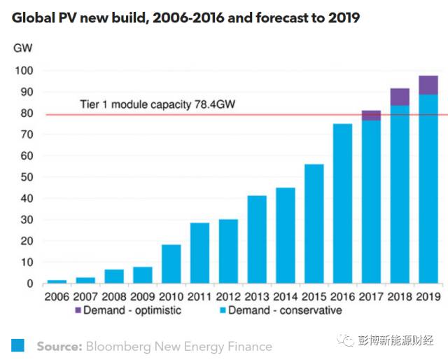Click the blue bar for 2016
point(342,203)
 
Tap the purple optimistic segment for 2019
point(428,85)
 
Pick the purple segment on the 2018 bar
point(400,97)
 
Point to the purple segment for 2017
point(371,116)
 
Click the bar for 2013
point(257,239)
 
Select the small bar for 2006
point(57,281)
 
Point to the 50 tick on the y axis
point(25,177)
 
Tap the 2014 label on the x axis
point(286,296)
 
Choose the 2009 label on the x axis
point(142,296)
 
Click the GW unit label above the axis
point(22,48)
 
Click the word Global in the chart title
point(34,18)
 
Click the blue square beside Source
point(18,345)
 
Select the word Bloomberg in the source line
point(119,346)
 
